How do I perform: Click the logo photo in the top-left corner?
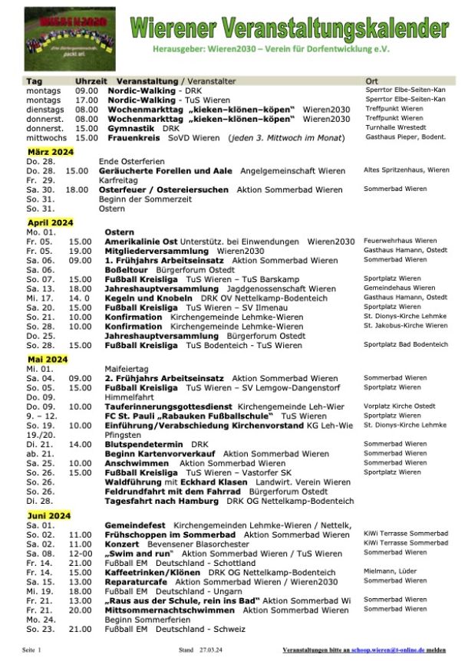pyautogui.click(x=64, y=38)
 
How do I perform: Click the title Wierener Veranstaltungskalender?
pyautogui.click(x=289, y=28)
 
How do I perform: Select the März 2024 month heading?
pyautogui.click(x=48, y=150)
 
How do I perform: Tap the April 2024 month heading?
pyautogui.click(x=50, y=222)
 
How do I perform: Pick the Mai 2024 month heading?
pyautogui.click(x=47, y=359)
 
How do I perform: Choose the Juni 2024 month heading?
pyautogui.click(x=48, y=515)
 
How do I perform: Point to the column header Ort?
pyautogui.click(x=372, y=81)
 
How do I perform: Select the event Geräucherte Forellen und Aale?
pyautogui.click(x=166, y=169)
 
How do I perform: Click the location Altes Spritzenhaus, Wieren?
pyautogui.click(x=406, y=169)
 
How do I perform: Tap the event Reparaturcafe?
pyautogui.click(x=137, y=581)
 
